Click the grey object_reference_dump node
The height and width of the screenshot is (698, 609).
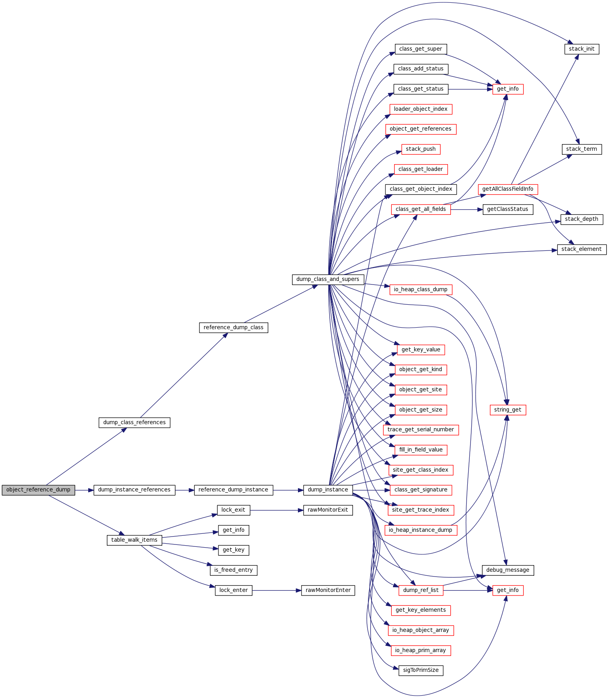(38, 490)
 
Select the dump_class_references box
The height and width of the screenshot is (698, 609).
(135, 423)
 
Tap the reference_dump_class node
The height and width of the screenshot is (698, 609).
(233, 328)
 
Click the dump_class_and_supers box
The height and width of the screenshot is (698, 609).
(328, 279)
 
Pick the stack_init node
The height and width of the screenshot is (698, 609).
(582, 49)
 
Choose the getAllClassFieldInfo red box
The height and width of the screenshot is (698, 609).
(508, 189)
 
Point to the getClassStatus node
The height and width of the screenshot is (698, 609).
(508, 209)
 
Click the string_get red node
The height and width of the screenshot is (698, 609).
(508, 410)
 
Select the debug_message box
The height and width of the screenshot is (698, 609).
(508, 570)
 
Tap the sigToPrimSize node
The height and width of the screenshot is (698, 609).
(421, 670)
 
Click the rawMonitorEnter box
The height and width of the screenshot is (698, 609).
(328, 590)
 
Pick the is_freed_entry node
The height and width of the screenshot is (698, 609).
(233, 570)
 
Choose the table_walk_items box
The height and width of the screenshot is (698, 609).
(134, 540)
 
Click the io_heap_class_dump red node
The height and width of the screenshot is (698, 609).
(421, 290)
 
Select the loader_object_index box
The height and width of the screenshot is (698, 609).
(421, 109)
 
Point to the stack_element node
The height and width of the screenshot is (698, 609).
(581, 249)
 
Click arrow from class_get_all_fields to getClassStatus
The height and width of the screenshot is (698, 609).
(467, 209)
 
